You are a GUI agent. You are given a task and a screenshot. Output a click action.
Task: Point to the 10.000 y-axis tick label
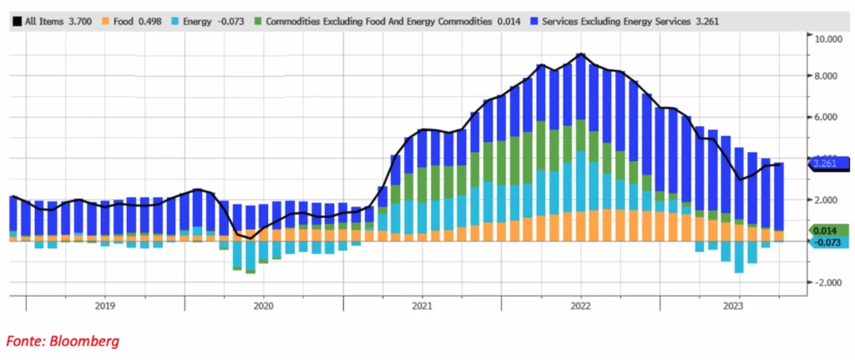[x=830, y=38]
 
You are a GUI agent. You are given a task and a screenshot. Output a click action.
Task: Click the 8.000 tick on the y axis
[x=830, y=76]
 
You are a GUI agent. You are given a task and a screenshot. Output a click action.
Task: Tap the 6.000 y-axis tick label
[x=830, y=118]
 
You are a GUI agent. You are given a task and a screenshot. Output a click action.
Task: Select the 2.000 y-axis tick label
[x=830, y=200]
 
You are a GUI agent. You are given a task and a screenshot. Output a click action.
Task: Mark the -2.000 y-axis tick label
[x=828, y=282]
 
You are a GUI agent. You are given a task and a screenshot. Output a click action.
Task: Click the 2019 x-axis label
[x=104, y=307]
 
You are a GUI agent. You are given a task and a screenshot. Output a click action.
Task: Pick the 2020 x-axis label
[x=263, y=307]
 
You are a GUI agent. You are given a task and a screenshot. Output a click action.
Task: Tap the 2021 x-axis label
[x=422, y=307]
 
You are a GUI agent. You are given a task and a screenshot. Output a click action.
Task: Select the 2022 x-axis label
[x=580, y=307]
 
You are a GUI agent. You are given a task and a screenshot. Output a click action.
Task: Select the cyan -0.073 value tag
[x=828, y=241]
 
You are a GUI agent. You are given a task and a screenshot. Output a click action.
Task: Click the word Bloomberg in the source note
[x=84, y=341]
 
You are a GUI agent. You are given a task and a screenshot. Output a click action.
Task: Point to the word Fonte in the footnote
[x=24, y=341]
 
